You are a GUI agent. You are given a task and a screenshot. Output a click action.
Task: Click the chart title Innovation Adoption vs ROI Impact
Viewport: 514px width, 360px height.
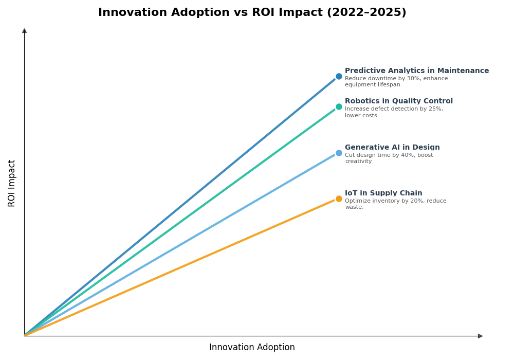pyautogui.click(x=252, y=13)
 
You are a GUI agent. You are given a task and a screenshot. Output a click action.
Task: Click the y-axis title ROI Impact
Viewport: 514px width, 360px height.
pyautogui.click(x=12, y=183)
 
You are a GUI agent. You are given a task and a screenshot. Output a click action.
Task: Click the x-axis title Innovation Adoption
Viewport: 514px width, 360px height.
pyautogui.click(x=252, y=348)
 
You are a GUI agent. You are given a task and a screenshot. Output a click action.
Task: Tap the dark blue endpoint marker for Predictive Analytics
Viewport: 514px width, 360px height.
pyautogui.click(x=339, y=77)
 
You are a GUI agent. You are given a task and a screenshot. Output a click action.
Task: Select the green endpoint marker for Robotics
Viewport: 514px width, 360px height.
pyautogui.click(x=339, y=107)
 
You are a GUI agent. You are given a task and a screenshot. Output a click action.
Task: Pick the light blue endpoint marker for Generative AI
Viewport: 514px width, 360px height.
pyautogui.click(x=339, y=153)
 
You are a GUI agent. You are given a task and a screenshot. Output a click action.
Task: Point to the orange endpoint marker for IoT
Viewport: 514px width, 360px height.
pyautogui.click(x=339, y=199)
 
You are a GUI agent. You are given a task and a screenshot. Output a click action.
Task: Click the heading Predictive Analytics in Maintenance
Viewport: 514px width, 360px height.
pyautogui.click(x=417, y=71)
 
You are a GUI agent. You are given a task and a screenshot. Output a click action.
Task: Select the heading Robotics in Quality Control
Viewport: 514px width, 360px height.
pyautogui.click(x=399, y=101)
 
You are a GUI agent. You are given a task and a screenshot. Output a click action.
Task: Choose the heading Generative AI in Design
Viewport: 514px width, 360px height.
pyautogui.click(x=392, y=148)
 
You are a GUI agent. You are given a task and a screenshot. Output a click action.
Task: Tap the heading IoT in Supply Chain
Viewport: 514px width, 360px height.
pyautogui.click(x=383, y=193)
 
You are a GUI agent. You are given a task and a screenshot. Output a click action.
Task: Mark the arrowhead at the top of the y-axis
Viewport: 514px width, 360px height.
pyautogui.click(x=24, y=31)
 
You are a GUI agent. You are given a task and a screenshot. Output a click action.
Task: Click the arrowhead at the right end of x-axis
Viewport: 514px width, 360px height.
pyautogui.click(x=480, y=336)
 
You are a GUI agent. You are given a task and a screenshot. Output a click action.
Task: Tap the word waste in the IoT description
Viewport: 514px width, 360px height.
pyautogui.click(x=354, y=207)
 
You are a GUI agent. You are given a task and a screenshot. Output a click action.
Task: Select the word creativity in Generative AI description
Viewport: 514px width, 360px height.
pyautogui.click(x=358, y=161)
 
